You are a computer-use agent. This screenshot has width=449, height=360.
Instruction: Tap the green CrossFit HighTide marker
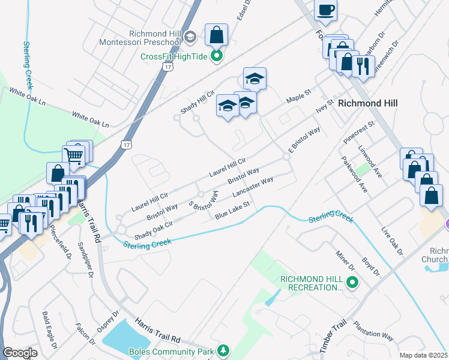pyautogui.click(x=217, y=57)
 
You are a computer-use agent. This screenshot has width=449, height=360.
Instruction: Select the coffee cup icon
pyautogui.click(x=325, y=10)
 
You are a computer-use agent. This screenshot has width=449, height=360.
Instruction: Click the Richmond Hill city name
pyautogui.click(x=367, y=103)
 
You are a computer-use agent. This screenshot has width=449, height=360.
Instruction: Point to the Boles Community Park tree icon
pyautogui.click(x=223, y=350)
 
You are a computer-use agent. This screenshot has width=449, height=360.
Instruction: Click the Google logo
pyautogui.click(x=20, y=353)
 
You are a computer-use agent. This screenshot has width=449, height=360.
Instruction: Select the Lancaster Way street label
pyautogui.click(x=253, y=187)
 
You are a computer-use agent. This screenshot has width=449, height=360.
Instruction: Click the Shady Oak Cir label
pyautogui.click(x=154, y=229)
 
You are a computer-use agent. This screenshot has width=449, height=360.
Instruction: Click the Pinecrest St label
pyautogui.click(x=359, y=132)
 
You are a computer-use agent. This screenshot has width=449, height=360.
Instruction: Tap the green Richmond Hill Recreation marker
pyautogui.click(x=352, y=282)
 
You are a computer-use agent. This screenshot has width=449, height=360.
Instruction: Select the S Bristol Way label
pyautogui.click(x=203, y=197)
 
